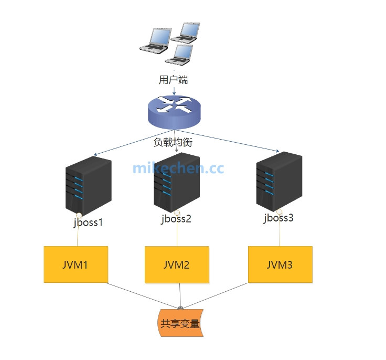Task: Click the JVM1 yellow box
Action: pos(76,264)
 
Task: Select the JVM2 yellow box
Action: pos(177,264)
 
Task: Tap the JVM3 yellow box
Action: pos(280,264)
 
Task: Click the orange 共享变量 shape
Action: pos(180,324)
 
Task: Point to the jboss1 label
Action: pos(88,222)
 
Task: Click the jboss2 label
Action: pos(176,219)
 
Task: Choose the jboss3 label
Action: pos(278,218)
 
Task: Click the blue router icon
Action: pos(174,111)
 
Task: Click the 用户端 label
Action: pos(173,80)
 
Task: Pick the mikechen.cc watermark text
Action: pos(178,168)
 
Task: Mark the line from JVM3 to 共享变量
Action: pos(215,295)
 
